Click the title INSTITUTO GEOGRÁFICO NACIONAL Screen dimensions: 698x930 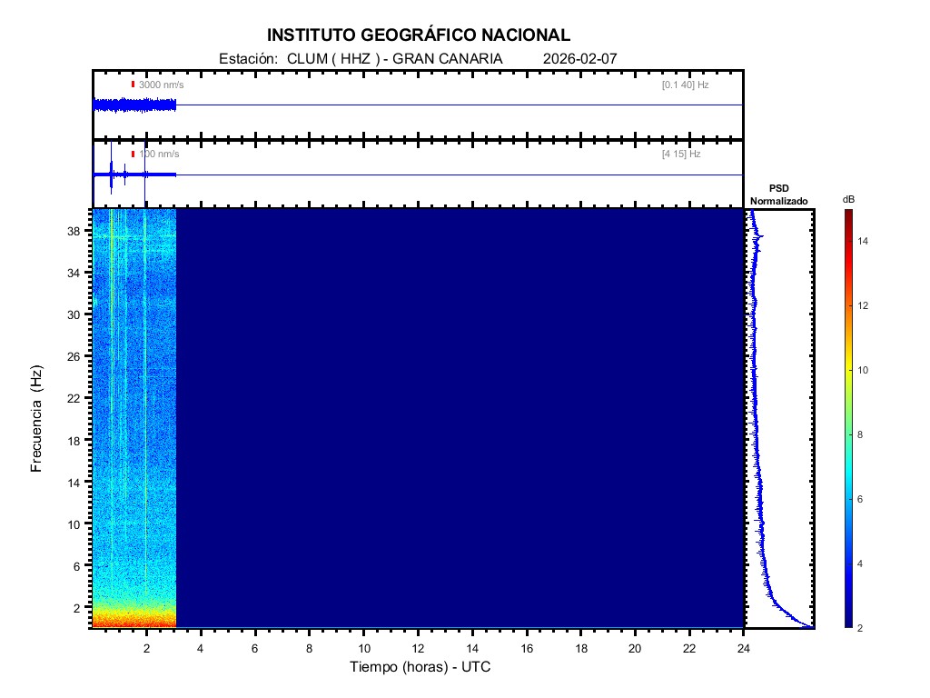tap(419, 35)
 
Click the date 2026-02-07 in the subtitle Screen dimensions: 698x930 tap(580, 58)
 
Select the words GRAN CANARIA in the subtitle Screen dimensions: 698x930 tap(447, 58)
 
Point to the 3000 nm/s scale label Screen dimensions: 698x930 tap(161, 85)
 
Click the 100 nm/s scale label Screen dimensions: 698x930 tap(159, 155)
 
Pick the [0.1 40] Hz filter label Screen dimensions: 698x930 tap(685, 85)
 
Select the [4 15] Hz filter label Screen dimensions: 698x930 tap(681, 155)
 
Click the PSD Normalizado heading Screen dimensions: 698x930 tap(778, 194)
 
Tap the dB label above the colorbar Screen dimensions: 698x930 tap(848, 199)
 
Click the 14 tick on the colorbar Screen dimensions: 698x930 tap(865, 242)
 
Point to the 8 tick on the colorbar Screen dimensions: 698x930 tap(864, 435)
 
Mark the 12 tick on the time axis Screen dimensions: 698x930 tap(418, 648)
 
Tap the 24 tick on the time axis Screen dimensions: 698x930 tap(744, 648)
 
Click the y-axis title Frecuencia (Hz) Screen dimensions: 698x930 tap(37, 418)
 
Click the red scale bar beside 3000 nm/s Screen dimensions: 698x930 tap(133, 85)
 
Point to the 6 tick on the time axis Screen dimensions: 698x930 tap(255, 648)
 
